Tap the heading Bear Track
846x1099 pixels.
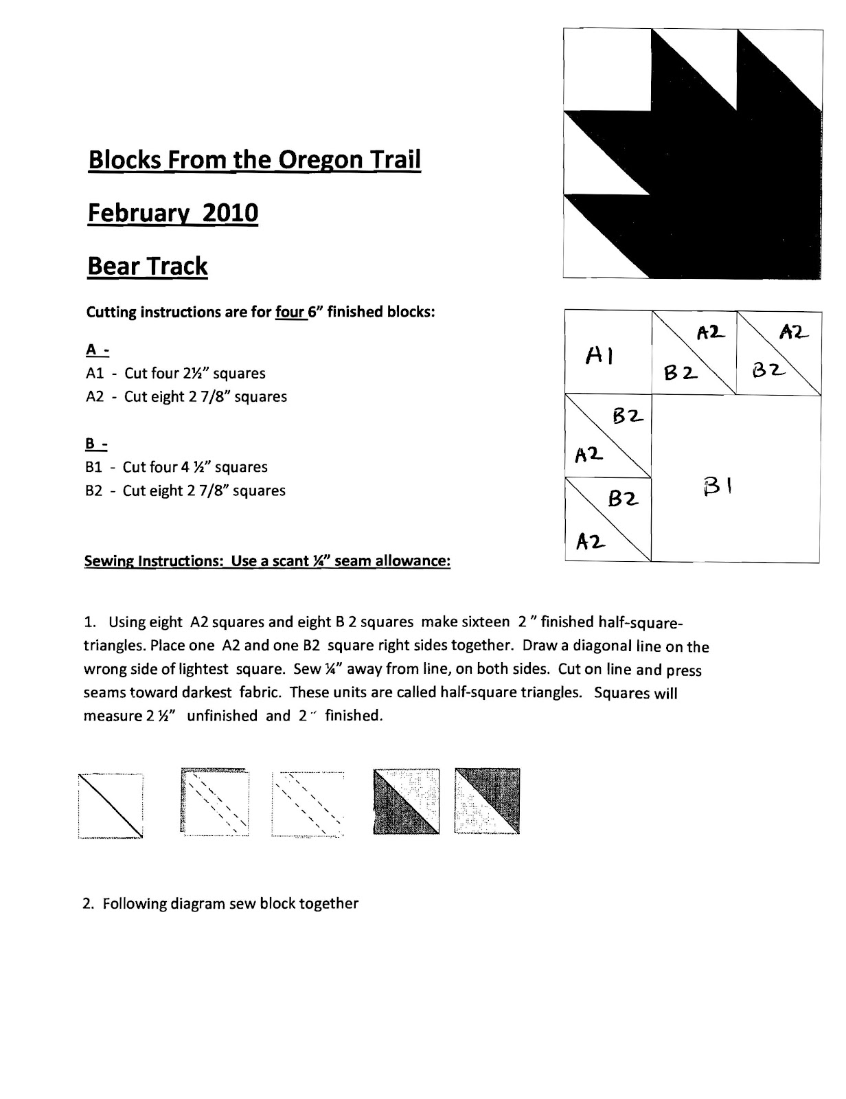pos(147,266)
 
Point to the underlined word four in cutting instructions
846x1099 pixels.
pos(288,313)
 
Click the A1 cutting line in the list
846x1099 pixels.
pos(176,374)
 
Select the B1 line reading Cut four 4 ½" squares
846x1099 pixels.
pos(176,467)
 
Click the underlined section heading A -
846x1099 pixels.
pos(97,350)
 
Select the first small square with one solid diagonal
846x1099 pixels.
pos(111,804)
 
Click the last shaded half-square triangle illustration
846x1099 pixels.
pos(487,802)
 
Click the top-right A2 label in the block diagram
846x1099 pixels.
pos(794,332)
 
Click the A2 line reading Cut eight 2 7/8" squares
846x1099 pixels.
pos(186,397)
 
